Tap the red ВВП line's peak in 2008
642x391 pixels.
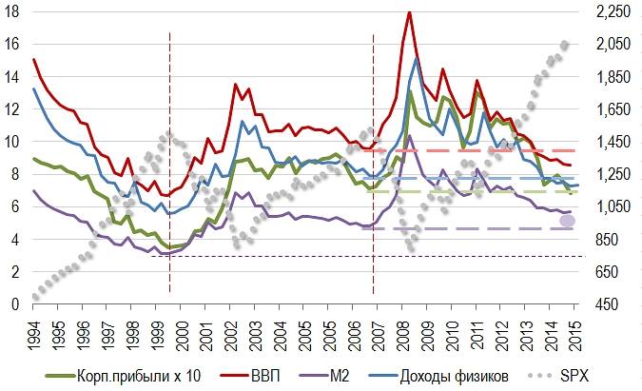tap(409, 12)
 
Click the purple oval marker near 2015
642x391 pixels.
tap(568, 221)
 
